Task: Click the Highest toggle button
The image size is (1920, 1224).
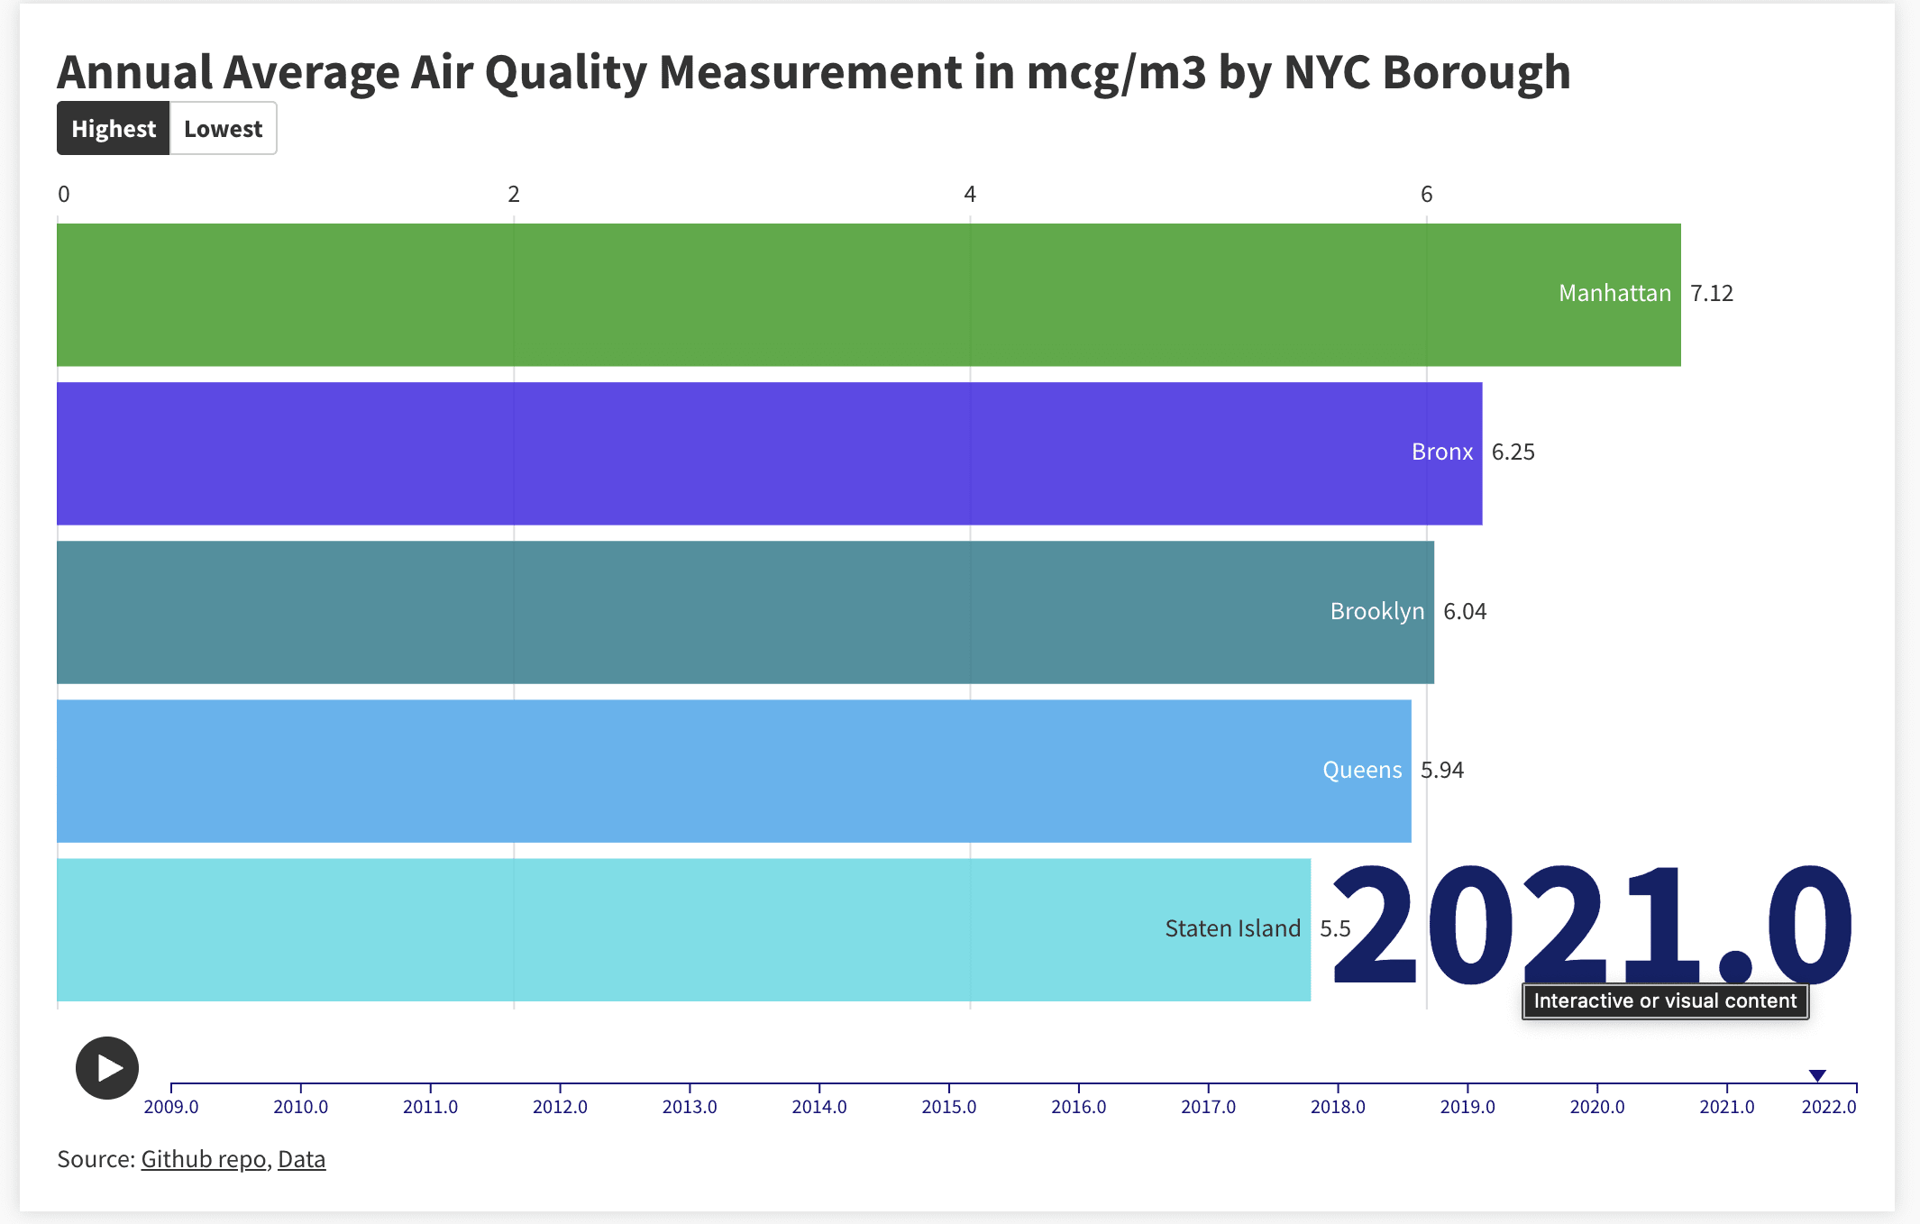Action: click(x=114, y=129)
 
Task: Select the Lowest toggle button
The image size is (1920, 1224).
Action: click(x=223, y=129)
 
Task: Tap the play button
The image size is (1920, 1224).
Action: click(x=107, y=1068)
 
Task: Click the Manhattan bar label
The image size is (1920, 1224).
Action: click(x=1614, y=294)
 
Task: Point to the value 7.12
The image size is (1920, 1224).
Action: click(x=1711, y=294)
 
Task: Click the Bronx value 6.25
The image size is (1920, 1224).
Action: click(x=1513, y=452)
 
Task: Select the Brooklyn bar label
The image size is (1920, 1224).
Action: click(x=1376, y=612)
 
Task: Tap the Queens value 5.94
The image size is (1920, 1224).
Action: click(x=1441, y=771)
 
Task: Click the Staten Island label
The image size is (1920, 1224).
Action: click(x=1232, y=929)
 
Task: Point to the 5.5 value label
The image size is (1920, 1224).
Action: click(x=1335, y=929)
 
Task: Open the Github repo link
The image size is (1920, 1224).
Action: click(x=204, y=1159)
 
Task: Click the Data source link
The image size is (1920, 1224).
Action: click(x=301, y=1159)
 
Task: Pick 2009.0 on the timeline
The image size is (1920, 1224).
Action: click(x=171, y=1106)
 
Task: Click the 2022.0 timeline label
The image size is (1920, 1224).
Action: click(x=1829, y=1106)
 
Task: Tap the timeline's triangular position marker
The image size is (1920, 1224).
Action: click(x=1817, y=1075)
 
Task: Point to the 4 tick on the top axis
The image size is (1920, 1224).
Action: click(x=970, y=195)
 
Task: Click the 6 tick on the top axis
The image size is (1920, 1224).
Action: click(x=1426, y=195)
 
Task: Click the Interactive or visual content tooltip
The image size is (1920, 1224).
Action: click(x=1665, y=1001)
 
